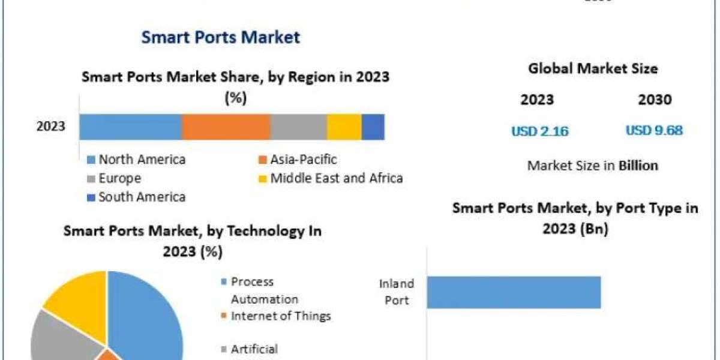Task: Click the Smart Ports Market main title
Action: (x=220, y=37)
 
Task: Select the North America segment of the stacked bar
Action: (x=130, y=127)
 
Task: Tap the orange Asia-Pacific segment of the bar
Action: (x=226, y=127)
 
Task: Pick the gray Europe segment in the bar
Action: (x=298, y=127)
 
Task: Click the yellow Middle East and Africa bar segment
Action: (x=344, y=127)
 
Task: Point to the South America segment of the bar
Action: (x=373, y=127)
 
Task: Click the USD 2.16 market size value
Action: (x=540, y=131)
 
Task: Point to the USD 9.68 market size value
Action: (x=654, y=131)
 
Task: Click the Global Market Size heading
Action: (x=593, y=69)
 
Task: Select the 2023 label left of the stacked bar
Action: (x=51, y=127)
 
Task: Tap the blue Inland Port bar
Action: (x=514, y=292)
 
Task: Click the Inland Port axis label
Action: (x=396, y=291)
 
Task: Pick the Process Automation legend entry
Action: (x=264, y=290)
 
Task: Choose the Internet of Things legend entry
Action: (x=280, y=316)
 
